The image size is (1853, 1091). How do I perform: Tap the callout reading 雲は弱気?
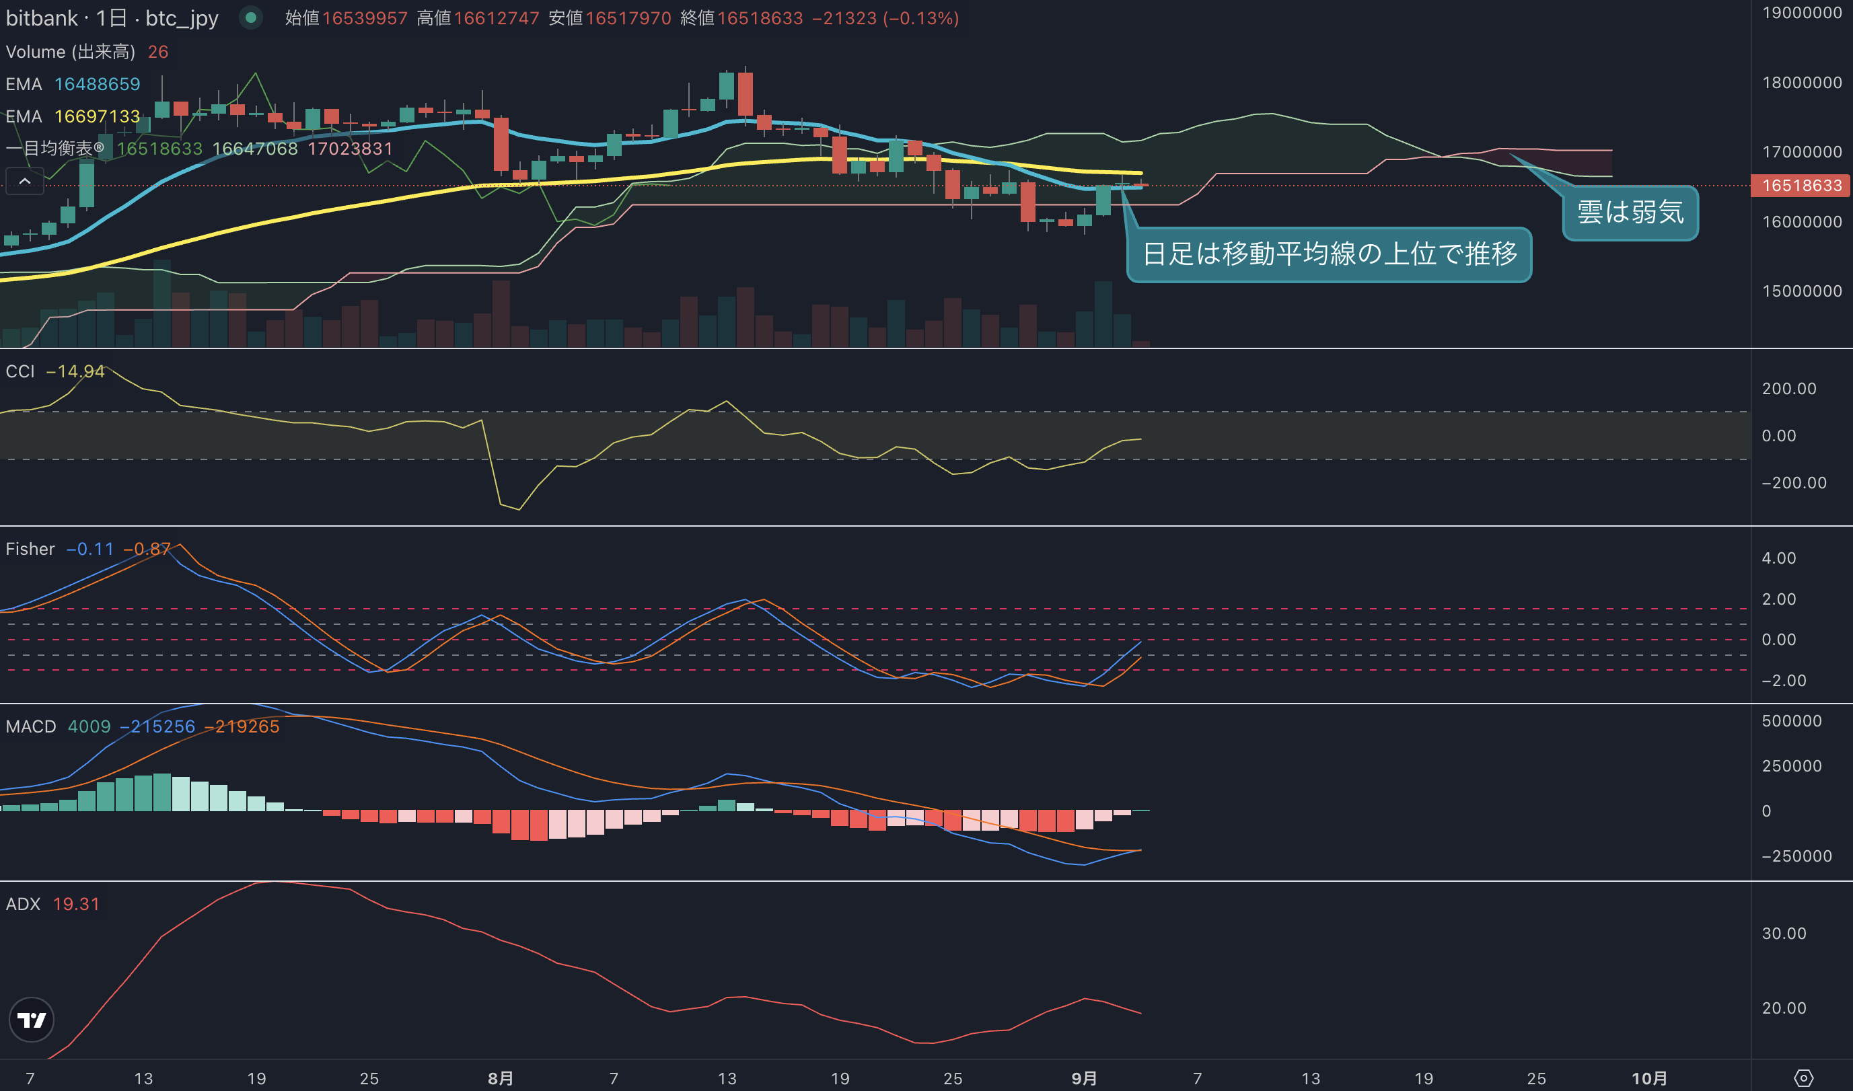click(x=1630, y=213)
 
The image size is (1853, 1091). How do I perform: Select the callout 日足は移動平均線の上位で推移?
click(x=1330, y=254)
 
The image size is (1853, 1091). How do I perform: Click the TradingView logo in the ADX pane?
click(x=31, y=1020)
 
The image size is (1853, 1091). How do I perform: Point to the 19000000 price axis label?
click(x=1802, y=13)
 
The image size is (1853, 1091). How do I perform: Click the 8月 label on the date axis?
click(x=501, y=1078)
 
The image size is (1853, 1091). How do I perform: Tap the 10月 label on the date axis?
click(x=1648, y=1078)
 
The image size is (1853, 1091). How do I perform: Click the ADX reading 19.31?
click(x=76, y=903)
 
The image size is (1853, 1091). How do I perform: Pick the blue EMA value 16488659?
click(x=97, y=84)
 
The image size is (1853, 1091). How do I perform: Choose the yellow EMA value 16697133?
click(x=97, y=116)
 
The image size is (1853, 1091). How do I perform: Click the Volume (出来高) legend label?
click(x=71, y=52)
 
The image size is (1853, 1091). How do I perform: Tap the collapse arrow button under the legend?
click(x=25, y=181)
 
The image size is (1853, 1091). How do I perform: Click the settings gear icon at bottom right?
click(x=1803, y=1078)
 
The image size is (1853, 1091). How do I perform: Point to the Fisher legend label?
click(x=30, y=549)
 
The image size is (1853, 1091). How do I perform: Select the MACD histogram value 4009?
click(x=89, y=726)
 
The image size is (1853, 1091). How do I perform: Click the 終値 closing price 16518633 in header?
click(x=760, y=17)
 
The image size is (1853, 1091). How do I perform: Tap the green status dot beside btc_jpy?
click(x=251, y=17)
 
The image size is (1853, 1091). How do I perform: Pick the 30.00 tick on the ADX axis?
click(x=1783, y=933)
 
